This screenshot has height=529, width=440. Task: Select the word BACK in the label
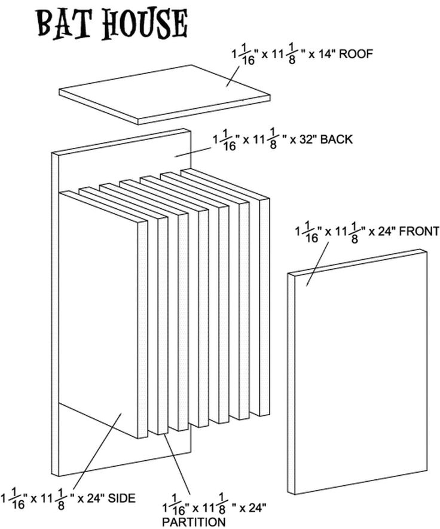click(337, 139)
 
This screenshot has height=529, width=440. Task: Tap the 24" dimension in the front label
click(386, 231)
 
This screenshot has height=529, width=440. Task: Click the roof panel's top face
click(164, 93)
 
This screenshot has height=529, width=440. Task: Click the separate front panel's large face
click(359, 371)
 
